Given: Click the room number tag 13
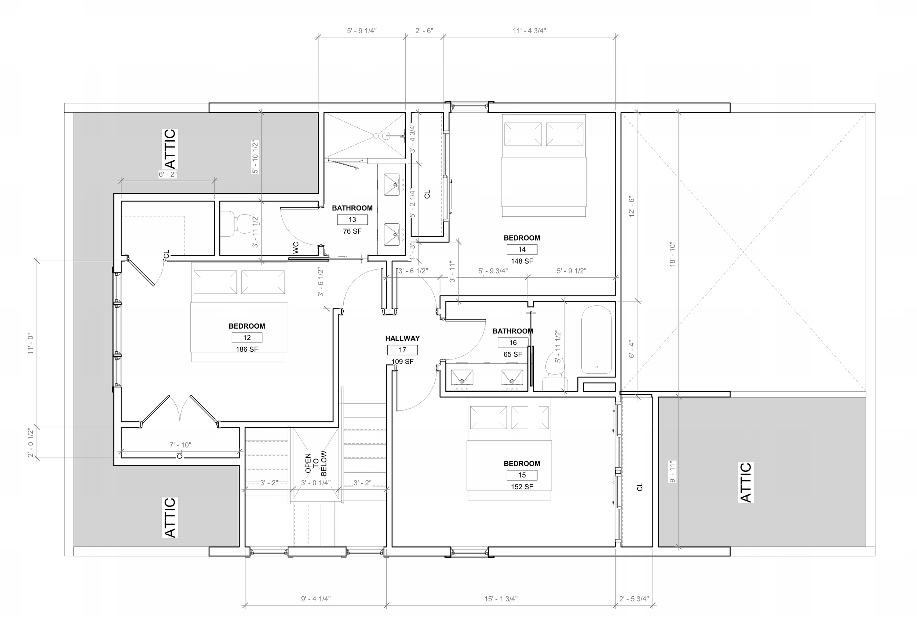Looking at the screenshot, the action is [x=352, y=220].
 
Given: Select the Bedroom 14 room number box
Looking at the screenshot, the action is [x=522, y=249].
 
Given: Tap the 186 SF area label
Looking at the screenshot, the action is [x=247, y=350].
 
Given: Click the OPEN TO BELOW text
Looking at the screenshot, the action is [x=316, y=463].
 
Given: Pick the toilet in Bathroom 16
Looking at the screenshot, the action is [x=555, y=371].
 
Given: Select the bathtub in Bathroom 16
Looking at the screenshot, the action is [x=596, y=340].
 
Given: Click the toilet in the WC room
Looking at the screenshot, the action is [x=235, y=224].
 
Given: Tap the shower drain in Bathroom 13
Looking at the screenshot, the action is [x=376, y=136].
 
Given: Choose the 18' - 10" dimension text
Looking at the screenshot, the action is [x=672, y=254].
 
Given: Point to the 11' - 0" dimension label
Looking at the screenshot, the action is [x=31, y=344].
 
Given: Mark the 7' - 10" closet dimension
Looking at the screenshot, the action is [x=180, y=445].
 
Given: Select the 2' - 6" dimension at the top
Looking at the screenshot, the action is [x=424, y=30].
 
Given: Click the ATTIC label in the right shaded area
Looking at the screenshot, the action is [x=746, y=482].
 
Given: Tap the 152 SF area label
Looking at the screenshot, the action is [x=522, y=487].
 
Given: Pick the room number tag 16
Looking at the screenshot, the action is [x=513, y=343].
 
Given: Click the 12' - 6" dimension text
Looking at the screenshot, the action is [x=631, y=206].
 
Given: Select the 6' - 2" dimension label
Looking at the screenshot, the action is [x=168, y=175].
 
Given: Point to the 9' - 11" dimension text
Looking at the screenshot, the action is [x=673, y=472].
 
